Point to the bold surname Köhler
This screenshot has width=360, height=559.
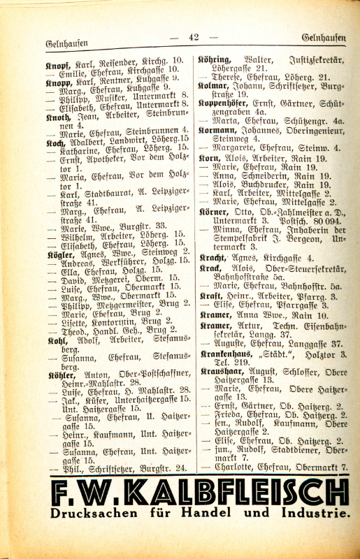coord(60,375)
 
